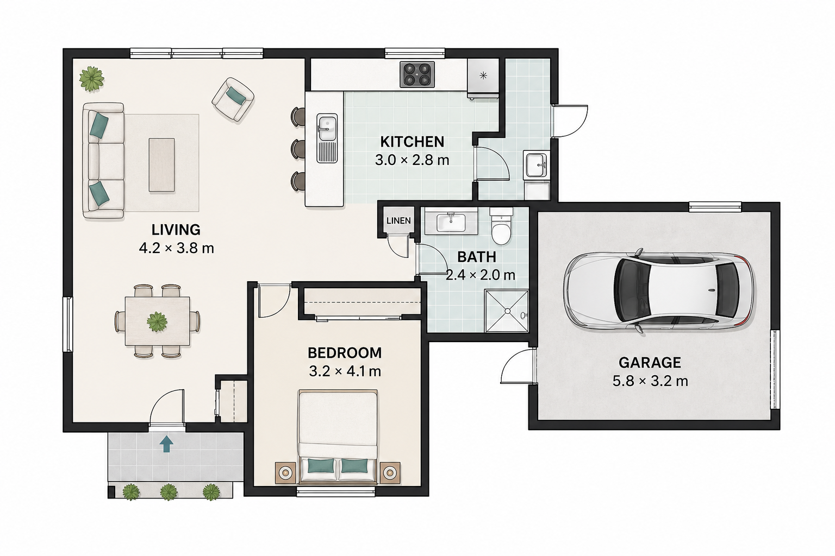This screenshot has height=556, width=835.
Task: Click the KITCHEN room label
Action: pyautogui.click(x=412, y=142)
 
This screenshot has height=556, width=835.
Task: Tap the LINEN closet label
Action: pyautogui.click(x=398, y=221)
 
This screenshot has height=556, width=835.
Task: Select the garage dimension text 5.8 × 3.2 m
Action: pyautogui.click(x=650, y=381)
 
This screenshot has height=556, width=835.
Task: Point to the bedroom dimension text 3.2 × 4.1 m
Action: pyautogui.click(x=345, y=371)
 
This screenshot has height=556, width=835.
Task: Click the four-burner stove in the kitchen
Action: pyautogui.click(x=417, y=74)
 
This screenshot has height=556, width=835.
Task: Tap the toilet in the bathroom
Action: pyautogui.click(x=501, y=226)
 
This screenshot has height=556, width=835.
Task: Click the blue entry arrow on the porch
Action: pyautogui.click(x=166, y=444)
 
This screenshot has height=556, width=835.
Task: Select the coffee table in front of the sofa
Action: pyautogui.click(x=162, y=165)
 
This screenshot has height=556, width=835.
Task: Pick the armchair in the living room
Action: pyautogui.click(x=233, y=100)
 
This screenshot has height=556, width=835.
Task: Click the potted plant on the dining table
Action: pyautogui.click(x=157, y=322)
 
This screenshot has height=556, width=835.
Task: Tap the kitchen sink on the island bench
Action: pyautogui.click(x=327, y=138)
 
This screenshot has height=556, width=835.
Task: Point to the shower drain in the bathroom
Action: pyautogui.click(x=507, y=311)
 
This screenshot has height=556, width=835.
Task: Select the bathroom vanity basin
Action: pyautogui.click(x=451, y=222)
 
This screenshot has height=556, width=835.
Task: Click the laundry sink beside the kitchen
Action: pyautogui.click(x=536, y=164)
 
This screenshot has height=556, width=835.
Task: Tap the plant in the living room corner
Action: pyautogui.click(x=91, y=79)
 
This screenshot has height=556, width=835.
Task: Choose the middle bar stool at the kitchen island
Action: pyautogui.click(x=298, y=149)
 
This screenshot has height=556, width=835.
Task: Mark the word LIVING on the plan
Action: pyautogui.click(x=176, y=230)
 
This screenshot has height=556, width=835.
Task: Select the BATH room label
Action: pyautogui.click(x=477, y=257)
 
